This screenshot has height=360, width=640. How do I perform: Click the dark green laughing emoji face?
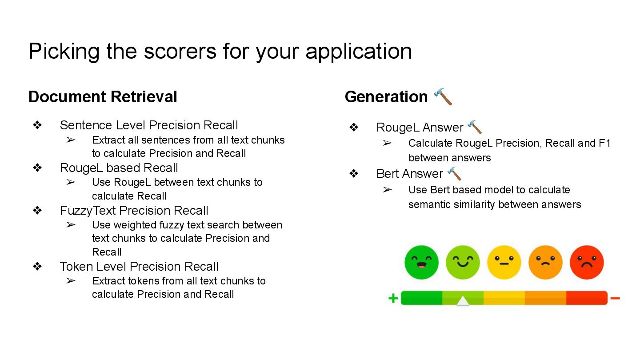point(421,262)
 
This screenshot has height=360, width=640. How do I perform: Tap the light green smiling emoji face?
point(463,262)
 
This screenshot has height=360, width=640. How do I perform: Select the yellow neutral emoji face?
point(504,262)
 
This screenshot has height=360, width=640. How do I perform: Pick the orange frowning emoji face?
point(545,262)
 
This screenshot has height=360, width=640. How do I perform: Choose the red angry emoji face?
point(587,262)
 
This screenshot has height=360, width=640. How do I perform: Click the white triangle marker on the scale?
point(463,301)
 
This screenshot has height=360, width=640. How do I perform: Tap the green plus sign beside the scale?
point(393,298)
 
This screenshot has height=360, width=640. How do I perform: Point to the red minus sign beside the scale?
point(615,298)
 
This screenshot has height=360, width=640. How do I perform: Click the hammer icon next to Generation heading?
point(443,96)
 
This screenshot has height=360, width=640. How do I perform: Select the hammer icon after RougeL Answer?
point(475,127)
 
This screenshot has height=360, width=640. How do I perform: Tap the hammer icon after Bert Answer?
point(454,173)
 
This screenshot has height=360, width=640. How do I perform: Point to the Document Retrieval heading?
point(103,96)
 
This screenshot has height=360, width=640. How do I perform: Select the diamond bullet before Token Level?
point(37,266)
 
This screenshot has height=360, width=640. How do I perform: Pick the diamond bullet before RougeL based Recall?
point(37,168)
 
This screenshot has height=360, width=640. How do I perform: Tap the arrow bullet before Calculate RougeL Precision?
point(387,143)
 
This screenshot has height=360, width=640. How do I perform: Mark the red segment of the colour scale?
point(587,298)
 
